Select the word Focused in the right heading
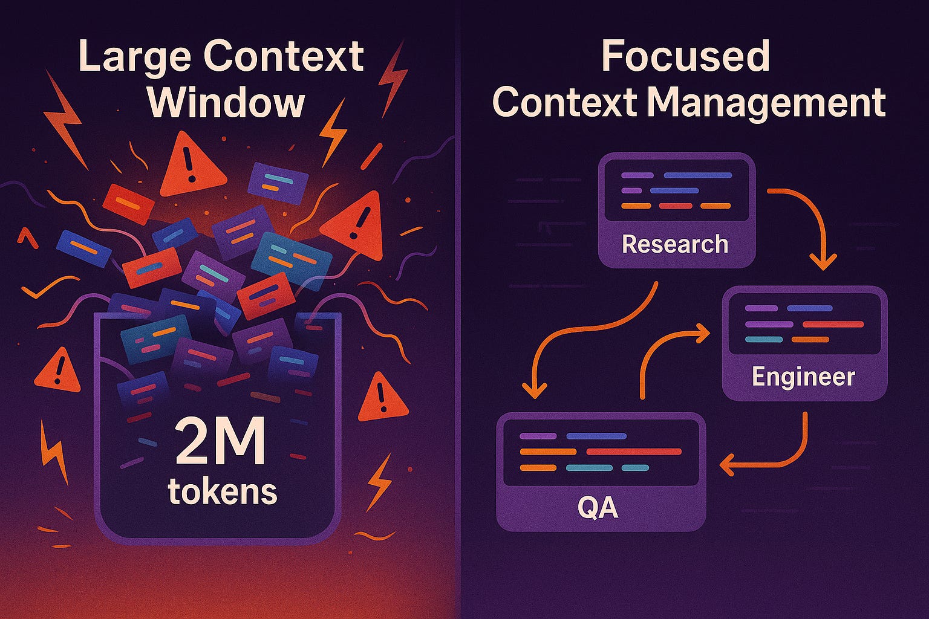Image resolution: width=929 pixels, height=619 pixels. (685, 57)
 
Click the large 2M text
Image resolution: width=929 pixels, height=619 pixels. (220, 443)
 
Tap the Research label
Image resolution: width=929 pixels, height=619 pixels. (675, 244)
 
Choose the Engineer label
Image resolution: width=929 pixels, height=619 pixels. (803, 377)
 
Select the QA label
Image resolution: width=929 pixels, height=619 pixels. (598, 508)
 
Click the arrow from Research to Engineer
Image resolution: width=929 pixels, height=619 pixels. (810, 224)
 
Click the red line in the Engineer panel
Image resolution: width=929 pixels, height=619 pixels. (833, 325)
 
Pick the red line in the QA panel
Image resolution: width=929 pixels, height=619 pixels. (634, 452)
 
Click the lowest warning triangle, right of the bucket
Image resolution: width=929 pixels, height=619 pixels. (382, 399)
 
